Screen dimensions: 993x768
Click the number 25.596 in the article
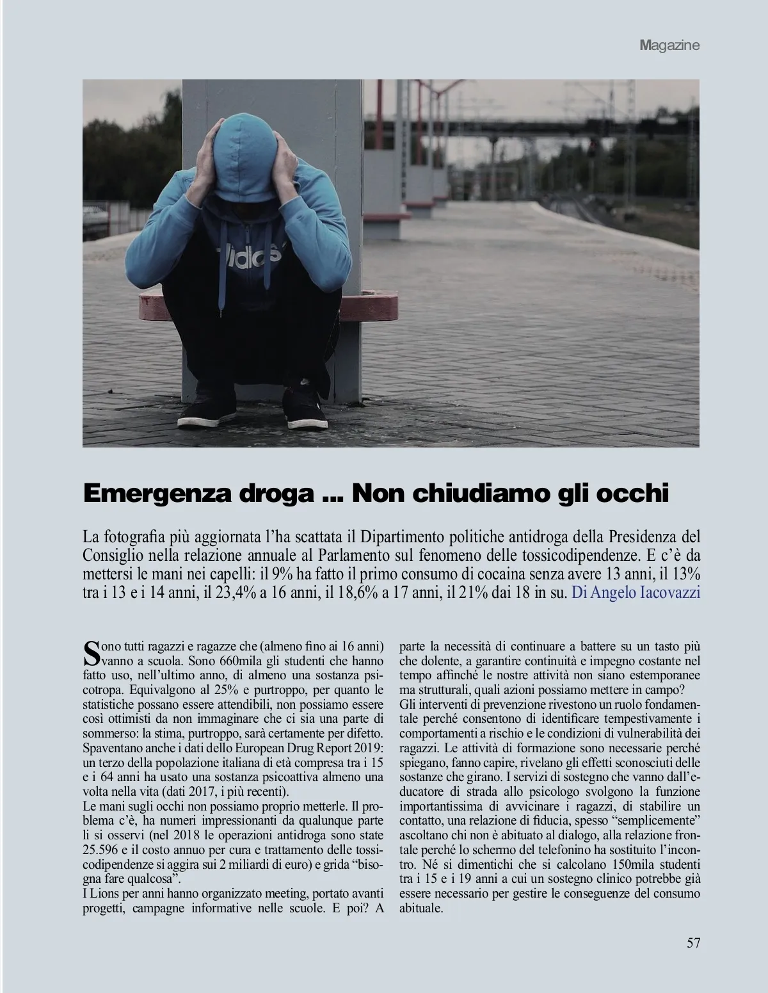click(x=102, y=848)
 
